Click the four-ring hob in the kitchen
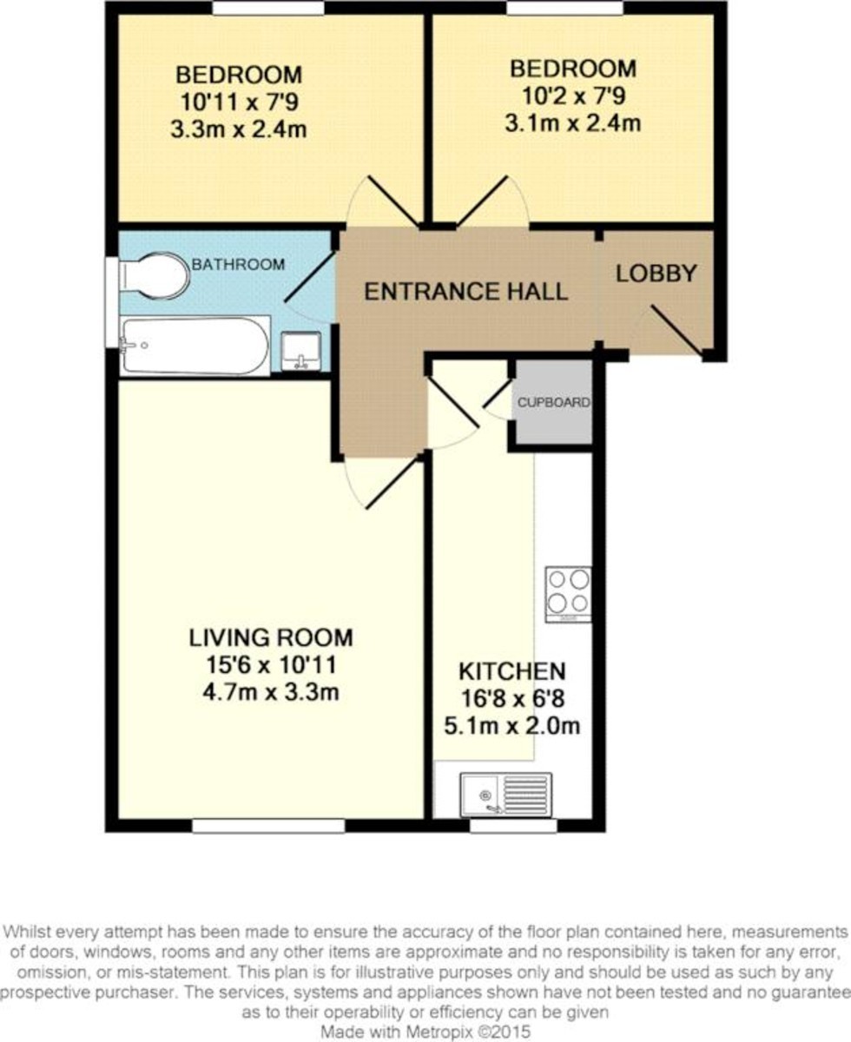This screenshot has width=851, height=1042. pyautogui.click(x=568, y=593)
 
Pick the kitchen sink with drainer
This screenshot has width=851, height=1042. pyautogui.click(x=505, y=794)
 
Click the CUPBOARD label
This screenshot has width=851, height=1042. pyautogui.click(x=554, y=403)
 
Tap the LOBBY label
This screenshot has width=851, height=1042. pyautogui.click(x=656, y=274)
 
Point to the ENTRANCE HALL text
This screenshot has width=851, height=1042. pyautogui.click(x=465, y=292)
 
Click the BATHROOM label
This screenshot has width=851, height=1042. pyautogui.click(x=238, y=264)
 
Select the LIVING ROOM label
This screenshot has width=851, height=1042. pyautogui.click(x=271, y=637)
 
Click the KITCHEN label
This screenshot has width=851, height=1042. pyautogui.click(x=512, y=671)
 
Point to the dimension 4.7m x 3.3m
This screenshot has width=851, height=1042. pyautogui.click(x=271, y=693)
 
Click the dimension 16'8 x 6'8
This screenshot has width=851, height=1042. pyautogui.click(x=512, y=698)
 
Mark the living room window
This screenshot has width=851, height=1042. pyautogui.click(x=268, y=827)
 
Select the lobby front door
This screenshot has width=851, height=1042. pyautogui.click(x=677, y=331)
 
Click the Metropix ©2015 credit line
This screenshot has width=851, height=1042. pyautogui.click(x=425, y=1032)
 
